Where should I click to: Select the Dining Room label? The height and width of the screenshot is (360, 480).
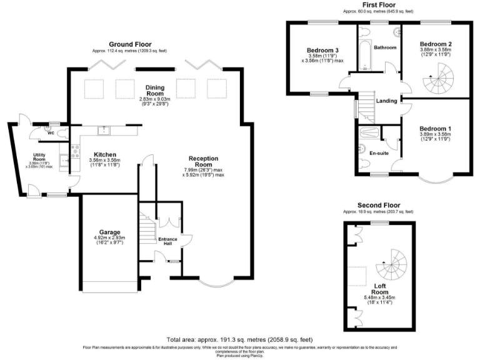pos(154,91)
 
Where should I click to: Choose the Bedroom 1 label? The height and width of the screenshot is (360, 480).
pos(436,129)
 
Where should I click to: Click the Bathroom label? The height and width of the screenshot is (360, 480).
pos(385,47)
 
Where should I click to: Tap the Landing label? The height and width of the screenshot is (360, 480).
pos(386,101)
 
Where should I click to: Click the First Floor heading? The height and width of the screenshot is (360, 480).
pos(378,5)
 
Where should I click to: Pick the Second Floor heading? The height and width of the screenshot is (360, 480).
pos(378,205)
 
